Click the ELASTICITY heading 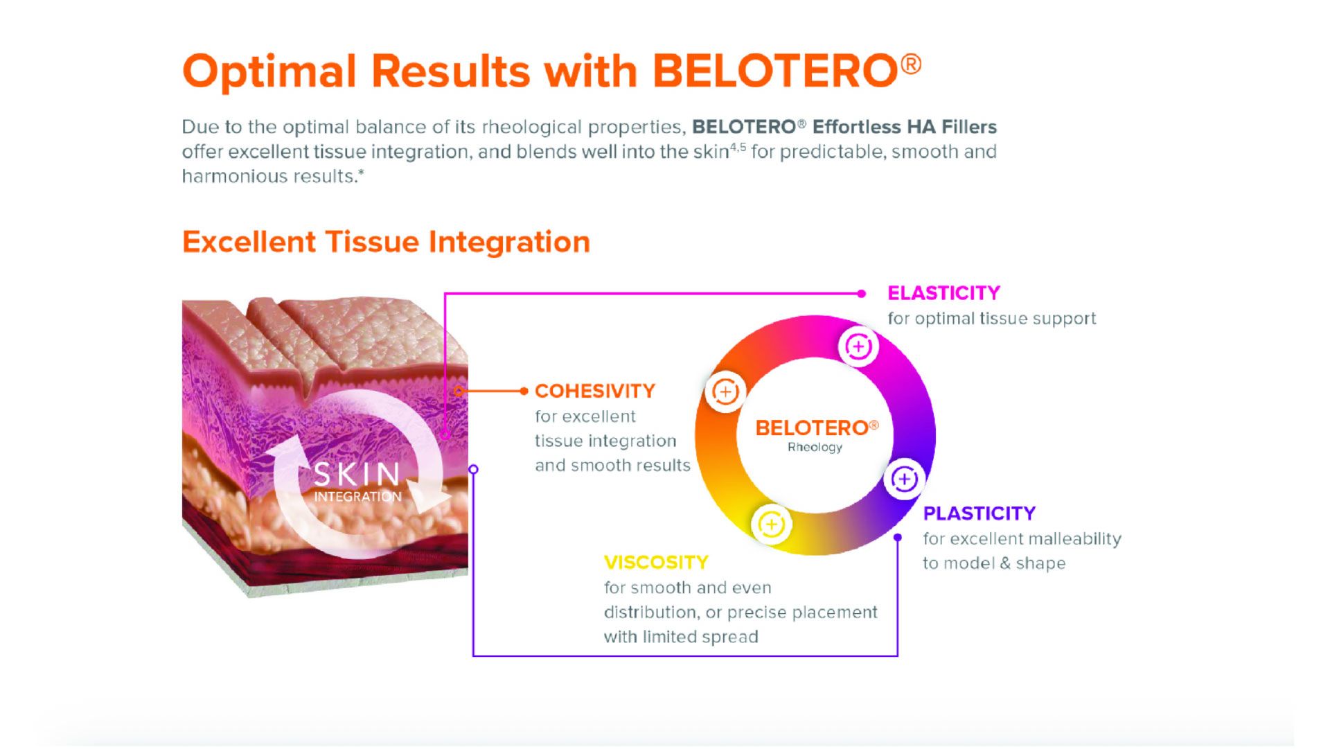pyautogui.click(x=943, y=293)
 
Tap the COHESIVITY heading pyautogui.click(x=594, y=391)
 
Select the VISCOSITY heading pyautogui.click(x=655, y=563)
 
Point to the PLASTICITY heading pyautogui.click(x=979, y=513)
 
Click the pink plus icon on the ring pyautogui.click(x=858, y=346)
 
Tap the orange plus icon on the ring pyautogui.click(x=725, y=392)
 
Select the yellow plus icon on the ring pyautogui.click(x=771, y=524)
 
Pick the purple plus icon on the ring pyautogui.click(x=904, y=479)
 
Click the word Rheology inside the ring pyautogui.click(x=815, y=448)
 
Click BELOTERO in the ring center pyautogui.click(x=811, y=428)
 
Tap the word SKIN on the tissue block pyautogui.click(x=357, y=475)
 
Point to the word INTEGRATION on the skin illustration pyautogui.click(x=357, y=497)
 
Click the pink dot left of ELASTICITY pyautogui.click(x=861, y=294)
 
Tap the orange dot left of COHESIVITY pyautogui.click(x=524, y=391)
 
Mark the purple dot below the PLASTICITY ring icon pyautogui.click(x=898, y=538)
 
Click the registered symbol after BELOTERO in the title pyautogui.click(x=912, y=64)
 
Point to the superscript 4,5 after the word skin pyautogui.click(x=738, y=147)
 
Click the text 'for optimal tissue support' pyautogui.click(x=991, y=319)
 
